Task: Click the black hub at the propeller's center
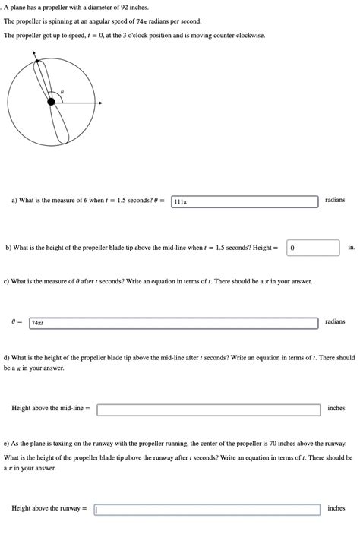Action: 51,102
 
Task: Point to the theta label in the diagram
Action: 62,91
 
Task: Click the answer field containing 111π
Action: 245,201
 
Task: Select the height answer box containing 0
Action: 313,248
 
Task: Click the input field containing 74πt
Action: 173,323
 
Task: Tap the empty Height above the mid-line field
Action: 208,409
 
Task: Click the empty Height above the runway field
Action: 207,510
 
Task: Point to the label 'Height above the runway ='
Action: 49,509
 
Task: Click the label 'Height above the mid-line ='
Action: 51,409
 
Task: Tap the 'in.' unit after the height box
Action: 351,247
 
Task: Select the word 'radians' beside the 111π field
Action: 334,200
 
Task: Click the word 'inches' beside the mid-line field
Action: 336,408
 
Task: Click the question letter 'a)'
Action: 14,201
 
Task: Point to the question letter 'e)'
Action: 6,443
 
